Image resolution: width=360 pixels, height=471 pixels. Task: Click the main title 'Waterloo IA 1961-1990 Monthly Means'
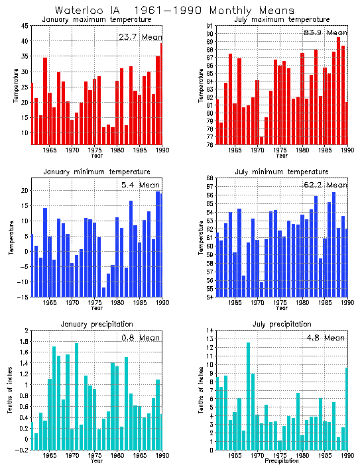click(x=165, y=10)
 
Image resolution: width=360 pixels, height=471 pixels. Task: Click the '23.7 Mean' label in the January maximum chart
click(x=139, y=37)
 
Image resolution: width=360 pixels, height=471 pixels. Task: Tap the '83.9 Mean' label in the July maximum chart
click(x=324, y=32)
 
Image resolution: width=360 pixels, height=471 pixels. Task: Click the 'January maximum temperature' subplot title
click(x=90, y=19)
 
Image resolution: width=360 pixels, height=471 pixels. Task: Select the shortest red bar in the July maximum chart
click(x=243, y=141)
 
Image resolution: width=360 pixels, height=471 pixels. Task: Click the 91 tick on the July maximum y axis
click(x=208, y=25)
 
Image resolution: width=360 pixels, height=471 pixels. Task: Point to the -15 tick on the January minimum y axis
click(x=23, y=297)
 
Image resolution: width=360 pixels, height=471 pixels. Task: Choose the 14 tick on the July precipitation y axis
click(x=208, y=330)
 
